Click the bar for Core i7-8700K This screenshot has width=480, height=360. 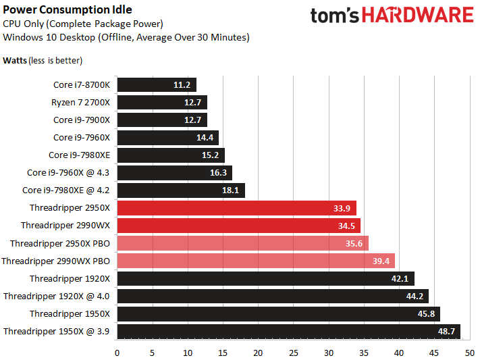pos(157,85)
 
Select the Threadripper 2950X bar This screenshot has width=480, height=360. pos(237,208)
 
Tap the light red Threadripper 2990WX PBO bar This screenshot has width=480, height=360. pos(256,261)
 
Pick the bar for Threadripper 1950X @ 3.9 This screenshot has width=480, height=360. pos(289,332)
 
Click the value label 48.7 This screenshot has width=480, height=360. pos(446,332)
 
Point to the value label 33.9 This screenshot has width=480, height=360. pos(342,208)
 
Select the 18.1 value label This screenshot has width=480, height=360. pos(230,190)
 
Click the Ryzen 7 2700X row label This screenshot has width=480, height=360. pos(80,103)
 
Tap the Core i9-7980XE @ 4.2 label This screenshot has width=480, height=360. pos(65,190)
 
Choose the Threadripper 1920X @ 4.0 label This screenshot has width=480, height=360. pos(56,297)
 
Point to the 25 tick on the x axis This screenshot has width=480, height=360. pos(293,353)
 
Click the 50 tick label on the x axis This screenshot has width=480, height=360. pos(470,353)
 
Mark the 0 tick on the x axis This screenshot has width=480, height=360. pos(117,353)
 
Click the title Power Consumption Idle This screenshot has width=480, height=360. pos(68,9)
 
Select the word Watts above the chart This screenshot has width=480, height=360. pos(15,60)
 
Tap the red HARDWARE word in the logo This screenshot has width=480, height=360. pos(418,15)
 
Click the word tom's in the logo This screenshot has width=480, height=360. pos(335,16)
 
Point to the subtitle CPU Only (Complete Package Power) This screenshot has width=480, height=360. pos(83,24)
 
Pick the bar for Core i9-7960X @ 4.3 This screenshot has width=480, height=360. pos(175,173)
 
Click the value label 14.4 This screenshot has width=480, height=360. pos(205,138)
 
